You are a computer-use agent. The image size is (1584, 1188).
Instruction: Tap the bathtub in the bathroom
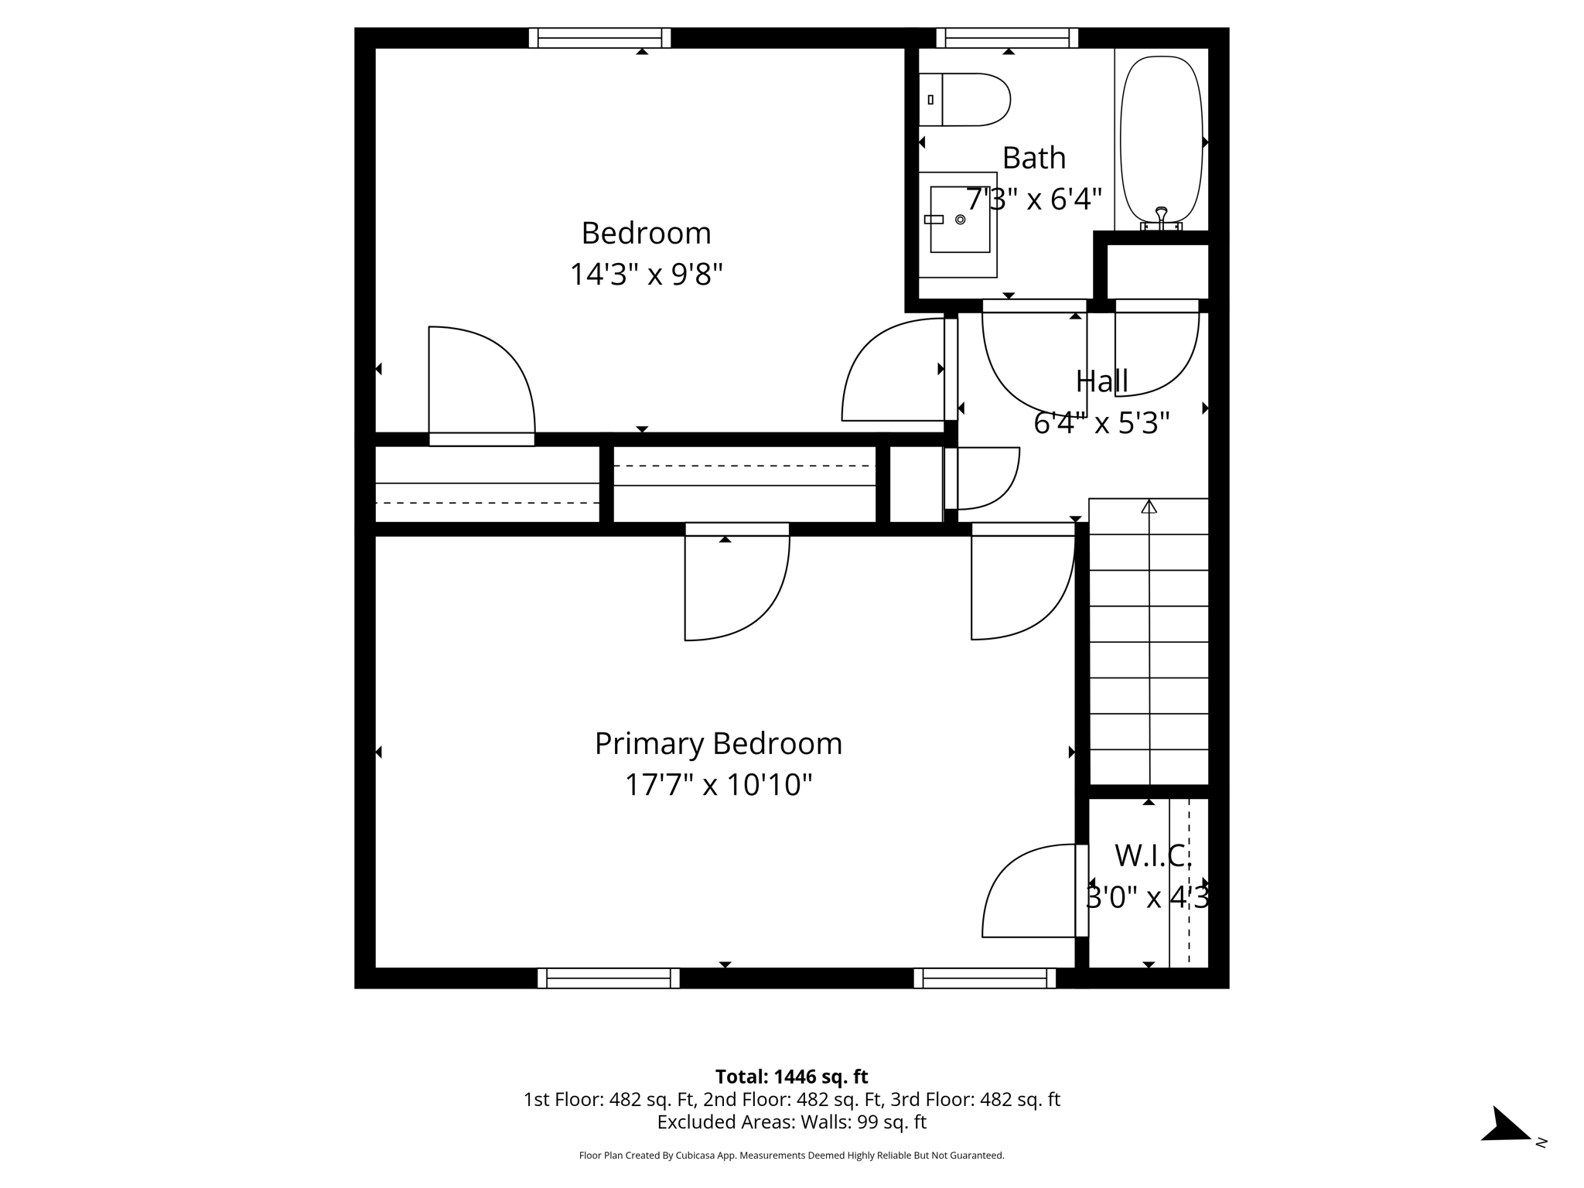[1161, 139]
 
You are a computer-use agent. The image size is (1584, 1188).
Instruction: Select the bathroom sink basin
[960, 220]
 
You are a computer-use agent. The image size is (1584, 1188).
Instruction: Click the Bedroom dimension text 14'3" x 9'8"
[646, 274]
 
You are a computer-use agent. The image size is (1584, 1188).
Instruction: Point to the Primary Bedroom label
[718, 743]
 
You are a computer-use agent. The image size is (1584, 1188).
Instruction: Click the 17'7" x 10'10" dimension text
[718, 784]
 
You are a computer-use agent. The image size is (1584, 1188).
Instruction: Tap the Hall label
[1101, 381]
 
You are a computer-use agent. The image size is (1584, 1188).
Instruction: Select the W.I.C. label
[1151, 855]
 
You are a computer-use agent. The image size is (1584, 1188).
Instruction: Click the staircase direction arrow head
[1149, 507]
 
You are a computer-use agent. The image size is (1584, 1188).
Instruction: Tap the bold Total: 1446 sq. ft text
[791, 1076]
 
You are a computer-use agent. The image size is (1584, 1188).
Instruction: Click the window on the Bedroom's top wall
[599, 38]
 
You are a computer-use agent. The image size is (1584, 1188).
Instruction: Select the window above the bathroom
[1007, 38]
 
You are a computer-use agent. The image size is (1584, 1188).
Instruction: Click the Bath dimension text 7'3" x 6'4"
[1033, 200]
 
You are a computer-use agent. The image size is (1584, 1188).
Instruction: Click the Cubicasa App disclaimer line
[791, 1156]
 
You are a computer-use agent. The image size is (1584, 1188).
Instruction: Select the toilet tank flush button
[930, 100]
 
